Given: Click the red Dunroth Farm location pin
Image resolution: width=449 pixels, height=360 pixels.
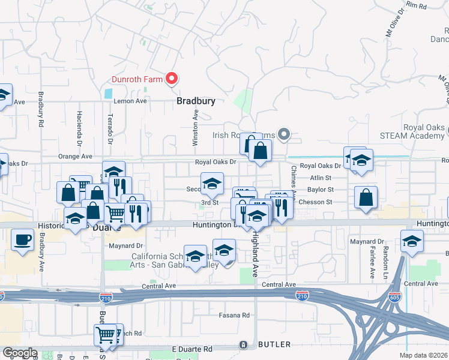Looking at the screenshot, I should tap(172, 79).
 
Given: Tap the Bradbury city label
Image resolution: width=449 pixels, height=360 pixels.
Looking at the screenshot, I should tap(196, 101).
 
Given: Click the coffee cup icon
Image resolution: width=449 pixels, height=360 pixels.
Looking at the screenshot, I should tap(23, 240).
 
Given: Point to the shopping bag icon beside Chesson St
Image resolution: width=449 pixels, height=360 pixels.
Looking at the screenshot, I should tap(366, 198).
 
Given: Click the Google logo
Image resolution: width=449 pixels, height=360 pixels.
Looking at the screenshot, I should tap(20, 353).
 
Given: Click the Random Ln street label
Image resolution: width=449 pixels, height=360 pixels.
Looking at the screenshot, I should tap(385, 262).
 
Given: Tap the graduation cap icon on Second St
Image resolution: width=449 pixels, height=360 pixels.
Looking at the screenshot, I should tap(211, 184).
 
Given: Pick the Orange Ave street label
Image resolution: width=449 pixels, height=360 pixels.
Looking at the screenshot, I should tap(75, 156).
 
